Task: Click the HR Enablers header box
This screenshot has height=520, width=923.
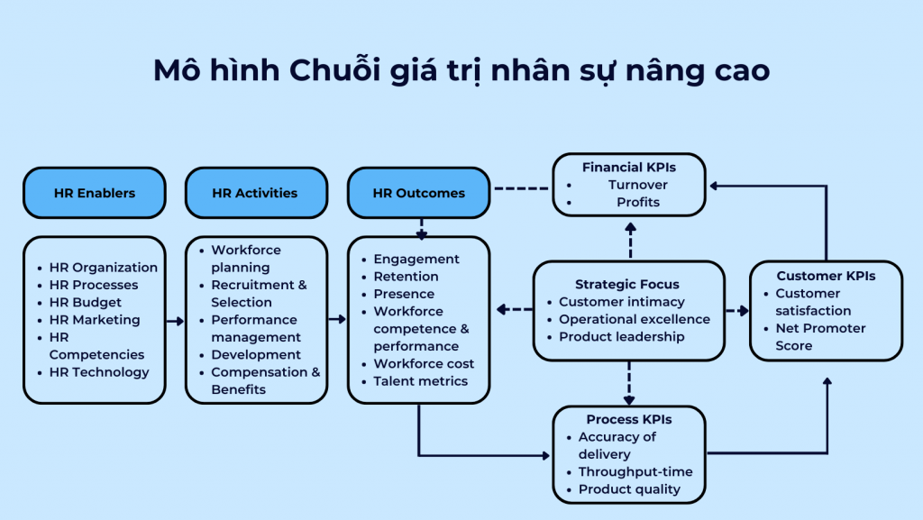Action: [94, 193]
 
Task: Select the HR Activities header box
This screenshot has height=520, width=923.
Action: [256, 193]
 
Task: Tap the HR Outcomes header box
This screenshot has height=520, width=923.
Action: [418, 193]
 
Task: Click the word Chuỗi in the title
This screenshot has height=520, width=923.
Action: [332, 69]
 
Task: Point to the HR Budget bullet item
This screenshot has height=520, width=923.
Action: [86, 302]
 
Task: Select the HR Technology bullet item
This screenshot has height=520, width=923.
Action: [99, 372]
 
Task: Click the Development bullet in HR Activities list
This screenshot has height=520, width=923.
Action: [256, 355]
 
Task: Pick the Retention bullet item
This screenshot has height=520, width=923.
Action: [406, 277]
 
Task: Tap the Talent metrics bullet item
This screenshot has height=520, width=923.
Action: [420, 381]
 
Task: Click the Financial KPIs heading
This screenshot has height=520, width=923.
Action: [628, 168]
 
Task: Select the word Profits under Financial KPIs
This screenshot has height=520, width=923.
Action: [638, 203]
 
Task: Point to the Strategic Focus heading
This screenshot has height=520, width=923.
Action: [627, 284]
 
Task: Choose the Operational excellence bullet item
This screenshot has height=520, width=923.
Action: [635, 319]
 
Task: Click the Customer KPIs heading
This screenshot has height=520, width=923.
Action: [826, 276]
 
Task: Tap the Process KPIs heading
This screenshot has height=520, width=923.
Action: [628, 419]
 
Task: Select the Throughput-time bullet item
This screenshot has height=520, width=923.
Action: [635, 471]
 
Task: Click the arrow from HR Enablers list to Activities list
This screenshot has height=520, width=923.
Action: [176, 321]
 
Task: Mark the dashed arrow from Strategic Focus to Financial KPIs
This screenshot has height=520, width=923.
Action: [630, 241]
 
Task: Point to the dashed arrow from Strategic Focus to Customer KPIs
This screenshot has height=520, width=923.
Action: [737, 311]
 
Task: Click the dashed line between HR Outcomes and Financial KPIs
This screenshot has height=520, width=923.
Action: [521, 188]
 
